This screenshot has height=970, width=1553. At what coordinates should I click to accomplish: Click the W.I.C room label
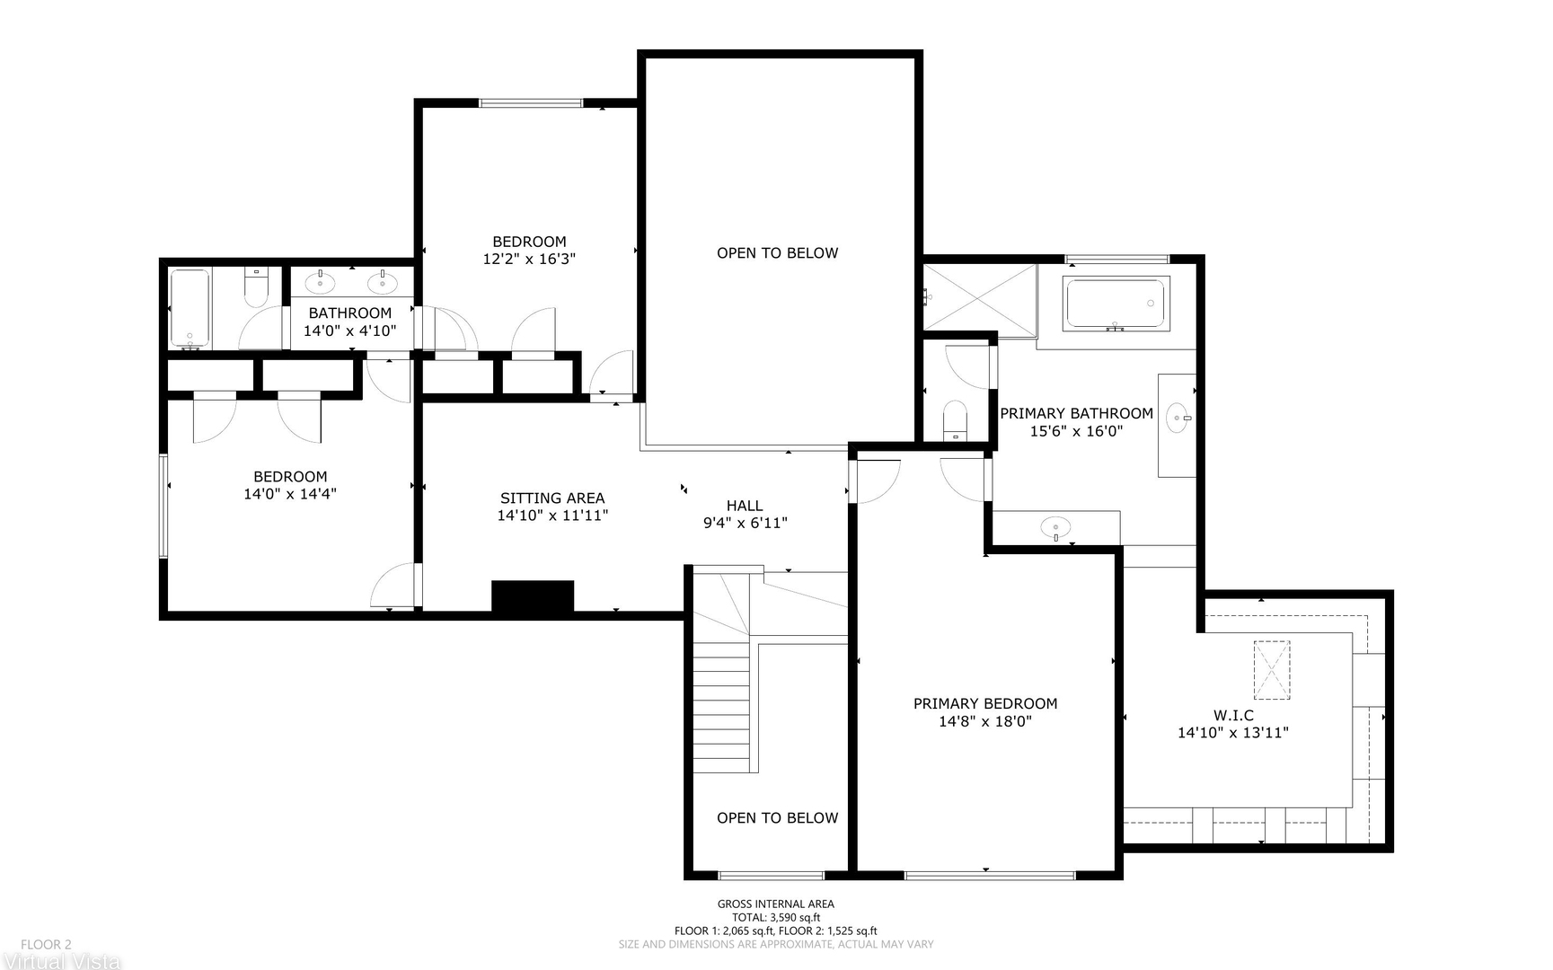click(x=1233, y=715)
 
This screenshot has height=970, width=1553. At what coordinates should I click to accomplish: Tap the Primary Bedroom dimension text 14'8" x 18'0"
click(x=985, y=720)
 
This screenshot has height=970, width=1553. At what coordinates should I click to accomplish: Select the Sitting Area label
click(x=552, y=498)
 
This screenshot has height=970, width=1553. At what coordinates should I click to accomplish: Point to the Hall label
click(x=745, y=506)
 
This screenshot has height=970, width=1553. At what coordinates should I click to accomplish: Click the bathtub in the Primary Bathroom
click(x=1116, y=304)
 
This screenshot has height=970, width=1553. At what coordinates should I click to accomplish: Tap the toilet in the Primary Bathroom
click(x=955, y=420)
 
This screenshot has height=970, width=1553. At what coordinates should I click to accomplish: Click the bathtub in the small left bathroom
click(x=190, y=308)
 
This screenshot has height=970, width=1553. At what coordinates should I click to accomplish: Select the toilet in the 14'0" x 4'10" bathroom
click(x=257, y=286)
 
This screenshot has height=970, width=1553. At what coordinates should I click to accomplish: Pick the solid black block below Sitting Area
click(x=533, y=597)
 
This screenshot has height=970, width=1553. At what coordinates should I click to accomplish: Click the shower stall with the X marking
click(x=980, y=296)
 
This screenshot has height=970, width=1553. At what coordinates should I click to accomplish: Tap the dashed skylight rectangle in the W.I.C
click(x=1272, y=670)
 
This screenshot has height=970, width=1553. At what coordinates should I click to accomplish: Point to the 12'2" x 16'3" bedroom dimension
click(x=529, y=259)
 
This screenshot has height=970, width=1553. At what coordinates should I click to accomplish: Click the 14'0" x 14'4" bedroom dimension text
click(x=290, y=493)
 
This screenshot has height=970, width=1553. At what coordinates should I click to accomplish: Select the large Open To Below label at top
click(x=778, y=253)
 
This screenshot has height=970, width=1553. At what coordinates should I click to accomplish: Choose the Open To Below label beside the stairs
click(x=778, y=818)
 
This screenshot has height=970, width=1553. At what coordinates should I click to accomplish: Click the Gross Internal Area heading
click(x=776, y=904)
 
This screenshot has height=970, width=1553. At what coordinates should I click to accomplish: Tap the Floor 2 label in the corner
click(x=46, y=945)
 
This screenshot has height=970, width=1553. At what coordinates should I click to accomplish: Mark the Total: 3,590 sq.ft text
click(x=776, y=918)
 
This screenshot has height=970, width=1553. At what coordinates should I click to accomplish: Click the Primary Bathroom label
click(x=1076, y=413)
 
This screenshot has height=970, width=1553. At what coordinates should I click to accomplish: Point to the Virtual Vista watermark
click(x=60, y=961)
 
